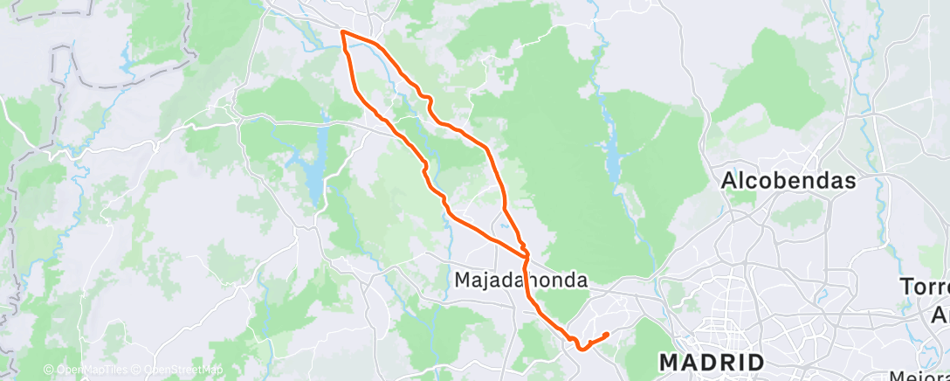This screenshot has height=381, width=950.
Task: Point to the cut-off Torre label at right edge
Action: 926,288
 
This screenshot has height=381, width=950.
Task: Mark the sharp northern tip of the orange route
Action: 341,31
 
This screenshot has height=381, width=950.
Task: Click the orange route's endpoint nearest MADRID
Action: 606,334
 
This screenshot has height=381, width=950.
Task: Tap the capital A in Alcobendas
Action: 729,181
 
